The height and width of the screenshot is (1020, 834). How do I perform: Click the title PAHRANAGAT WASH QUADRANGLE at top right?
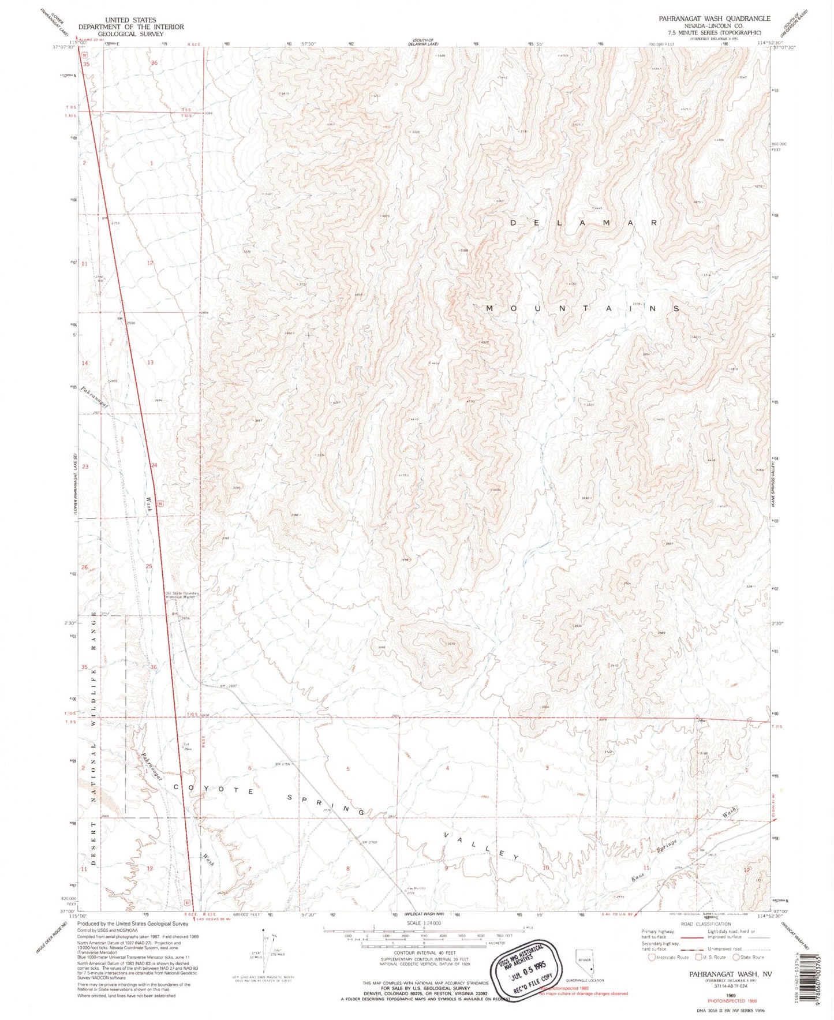(x=714, y=18)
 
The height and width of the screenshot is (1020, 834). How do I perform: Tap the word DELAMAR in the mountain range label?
(x=585, y=222)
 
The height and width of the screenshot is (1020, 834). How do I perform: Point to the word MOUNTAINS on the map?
(x=582, y=309)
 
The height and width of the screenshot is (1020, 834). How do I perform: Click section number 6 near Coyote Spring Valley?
(x=249, y=768)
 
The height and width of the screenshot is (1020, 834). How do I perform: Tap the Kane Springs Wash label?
(x=681, y=849)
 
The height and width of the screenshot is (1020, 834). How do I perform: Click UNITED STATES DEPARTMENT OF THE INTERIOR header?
(x=131, y=27)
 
